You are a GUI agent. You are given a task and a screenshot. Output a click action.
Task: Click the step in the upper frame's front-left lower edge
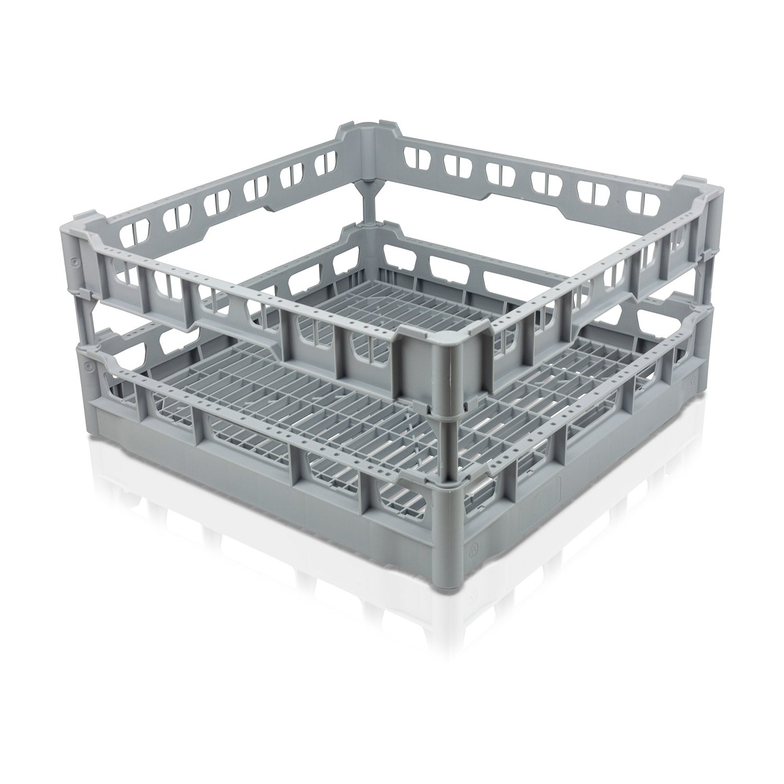[193, 327]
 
